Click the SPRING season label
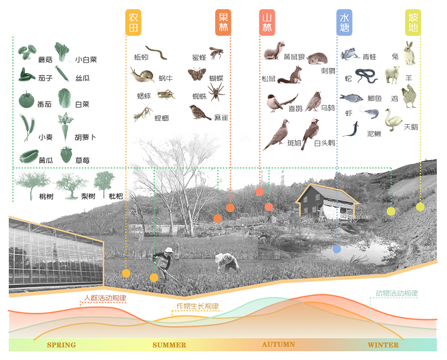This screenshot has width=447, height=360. pyautogui.click(x=61, y=345)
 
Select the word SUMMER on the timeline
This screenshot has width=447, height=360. pyautogui.click(x=169, y=345)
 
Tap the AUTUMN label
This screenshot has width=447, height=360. pyautogui.click(x=278, y=345)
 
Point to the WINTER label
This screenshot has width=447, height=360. pyautogui.click(x=383, y=345)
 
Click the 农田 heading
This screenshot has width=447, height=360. pyautogui.click(x=134, y=23)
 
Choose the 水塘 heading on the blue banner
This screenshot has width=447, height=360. pyautogui.click(x=345, y=23)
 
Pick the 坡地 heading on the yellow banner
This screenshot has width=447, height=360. pyautogui.click(x=413, y=22)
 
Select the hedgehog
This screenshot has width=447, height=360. pyautogui.click(x=315, y=58)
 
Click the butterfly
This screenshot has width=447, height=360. pyautogui.click(x=196, y=75)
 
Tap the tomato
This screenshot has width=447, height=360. pyautogui.click(x=27, y=97)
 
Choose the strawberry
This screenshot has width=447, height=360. pyautogui.click(x=66, y=153)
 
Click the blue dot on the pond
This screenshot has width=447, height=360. pyautogui.click(x=337, y=249)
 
